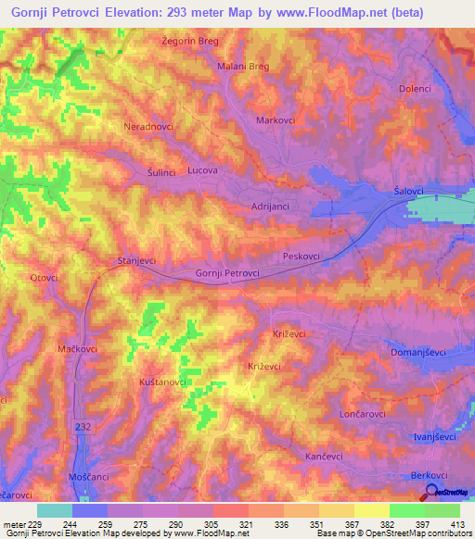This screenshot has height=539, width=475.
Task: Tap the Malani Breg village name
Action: (x=242, y=67)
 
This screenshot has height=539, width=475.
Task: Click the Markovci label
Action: (x=276, y=121)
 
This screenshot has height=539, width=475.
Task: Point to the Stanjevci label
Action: (x=135, y=261)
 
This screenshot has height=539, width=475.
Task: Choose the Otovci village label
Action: (x=44, y=277)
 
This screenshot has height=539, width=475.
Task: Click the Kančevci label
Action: (x=326, y=458)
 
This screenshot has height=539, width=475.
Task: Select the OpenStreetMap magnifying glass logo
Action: (x=430, y=492)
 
